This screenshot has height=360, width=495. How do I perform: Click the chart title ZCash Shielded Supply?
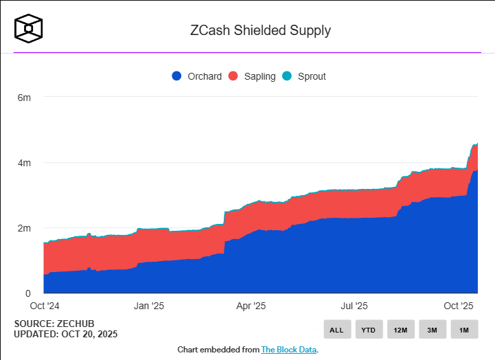pos(260,30)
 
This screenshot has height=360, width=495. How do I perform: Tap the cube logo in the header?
pos(30,27)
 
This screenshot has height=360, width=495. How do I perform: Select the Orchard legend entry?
pos(197,76)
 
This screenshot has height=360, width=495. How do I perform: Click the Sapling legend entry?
pos(252,76)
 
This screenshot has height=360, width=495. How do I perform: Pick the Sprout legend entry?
pos(304,76)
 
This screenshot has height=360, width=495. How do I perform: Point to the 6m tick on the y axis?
pos(24,98)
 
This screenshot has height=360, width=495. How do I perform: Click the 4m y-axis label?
pos(24,163)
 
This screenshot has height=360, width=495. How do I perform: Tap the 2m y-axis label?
pos(24,228)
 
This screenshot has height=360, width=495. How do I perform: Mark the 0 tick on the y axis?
pos(28,293)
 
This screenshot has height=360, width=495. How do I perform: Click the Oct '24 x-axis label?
pos(43,306)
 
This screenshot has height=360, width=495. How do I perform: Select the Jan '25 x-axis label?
pos(149,306)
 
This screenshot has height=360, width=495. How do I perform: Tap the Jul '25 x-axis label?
pos(355,306)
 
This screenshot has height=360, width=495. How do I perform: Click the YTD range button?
pos(369,330)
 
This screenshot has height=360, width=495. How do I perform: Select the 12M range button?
pos(400,330)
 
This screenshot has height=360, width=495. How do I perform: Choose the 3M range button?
pos(432,330)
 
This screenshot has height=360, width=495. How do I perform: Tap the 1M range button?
pos(464,330)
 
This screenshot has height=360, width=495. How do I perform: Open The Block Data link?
pos(289,350)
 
